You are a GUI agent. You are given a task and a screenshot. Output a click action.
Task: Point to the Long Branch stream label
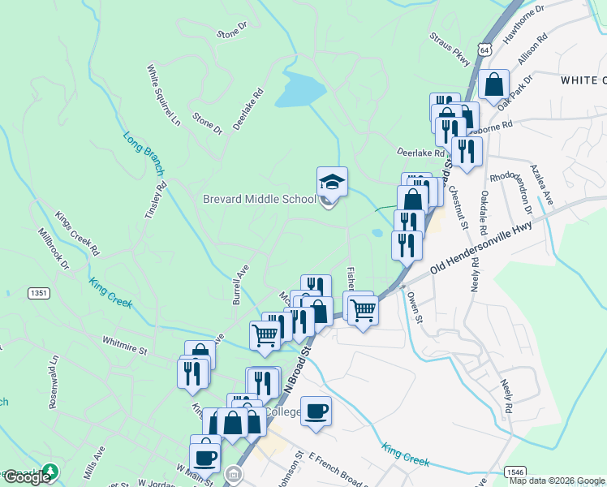click(x=144, y=153)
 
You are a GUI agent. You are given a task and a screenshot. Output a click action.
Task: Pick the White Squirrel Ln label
click(x=163, y=97)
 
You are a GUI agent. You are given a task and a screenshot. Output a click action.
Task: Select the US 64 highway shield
click(x=485, y=50)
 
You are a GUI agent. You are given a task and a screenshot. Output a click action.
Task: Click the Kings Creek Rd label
click(x=76, y=232)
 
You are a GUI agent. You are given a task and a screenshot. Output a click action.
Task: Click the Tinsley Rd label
click(x=155, y=198)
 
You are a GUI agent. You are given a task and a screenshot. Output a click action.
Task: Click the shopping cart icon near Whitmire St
click(x=265, y=334)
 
